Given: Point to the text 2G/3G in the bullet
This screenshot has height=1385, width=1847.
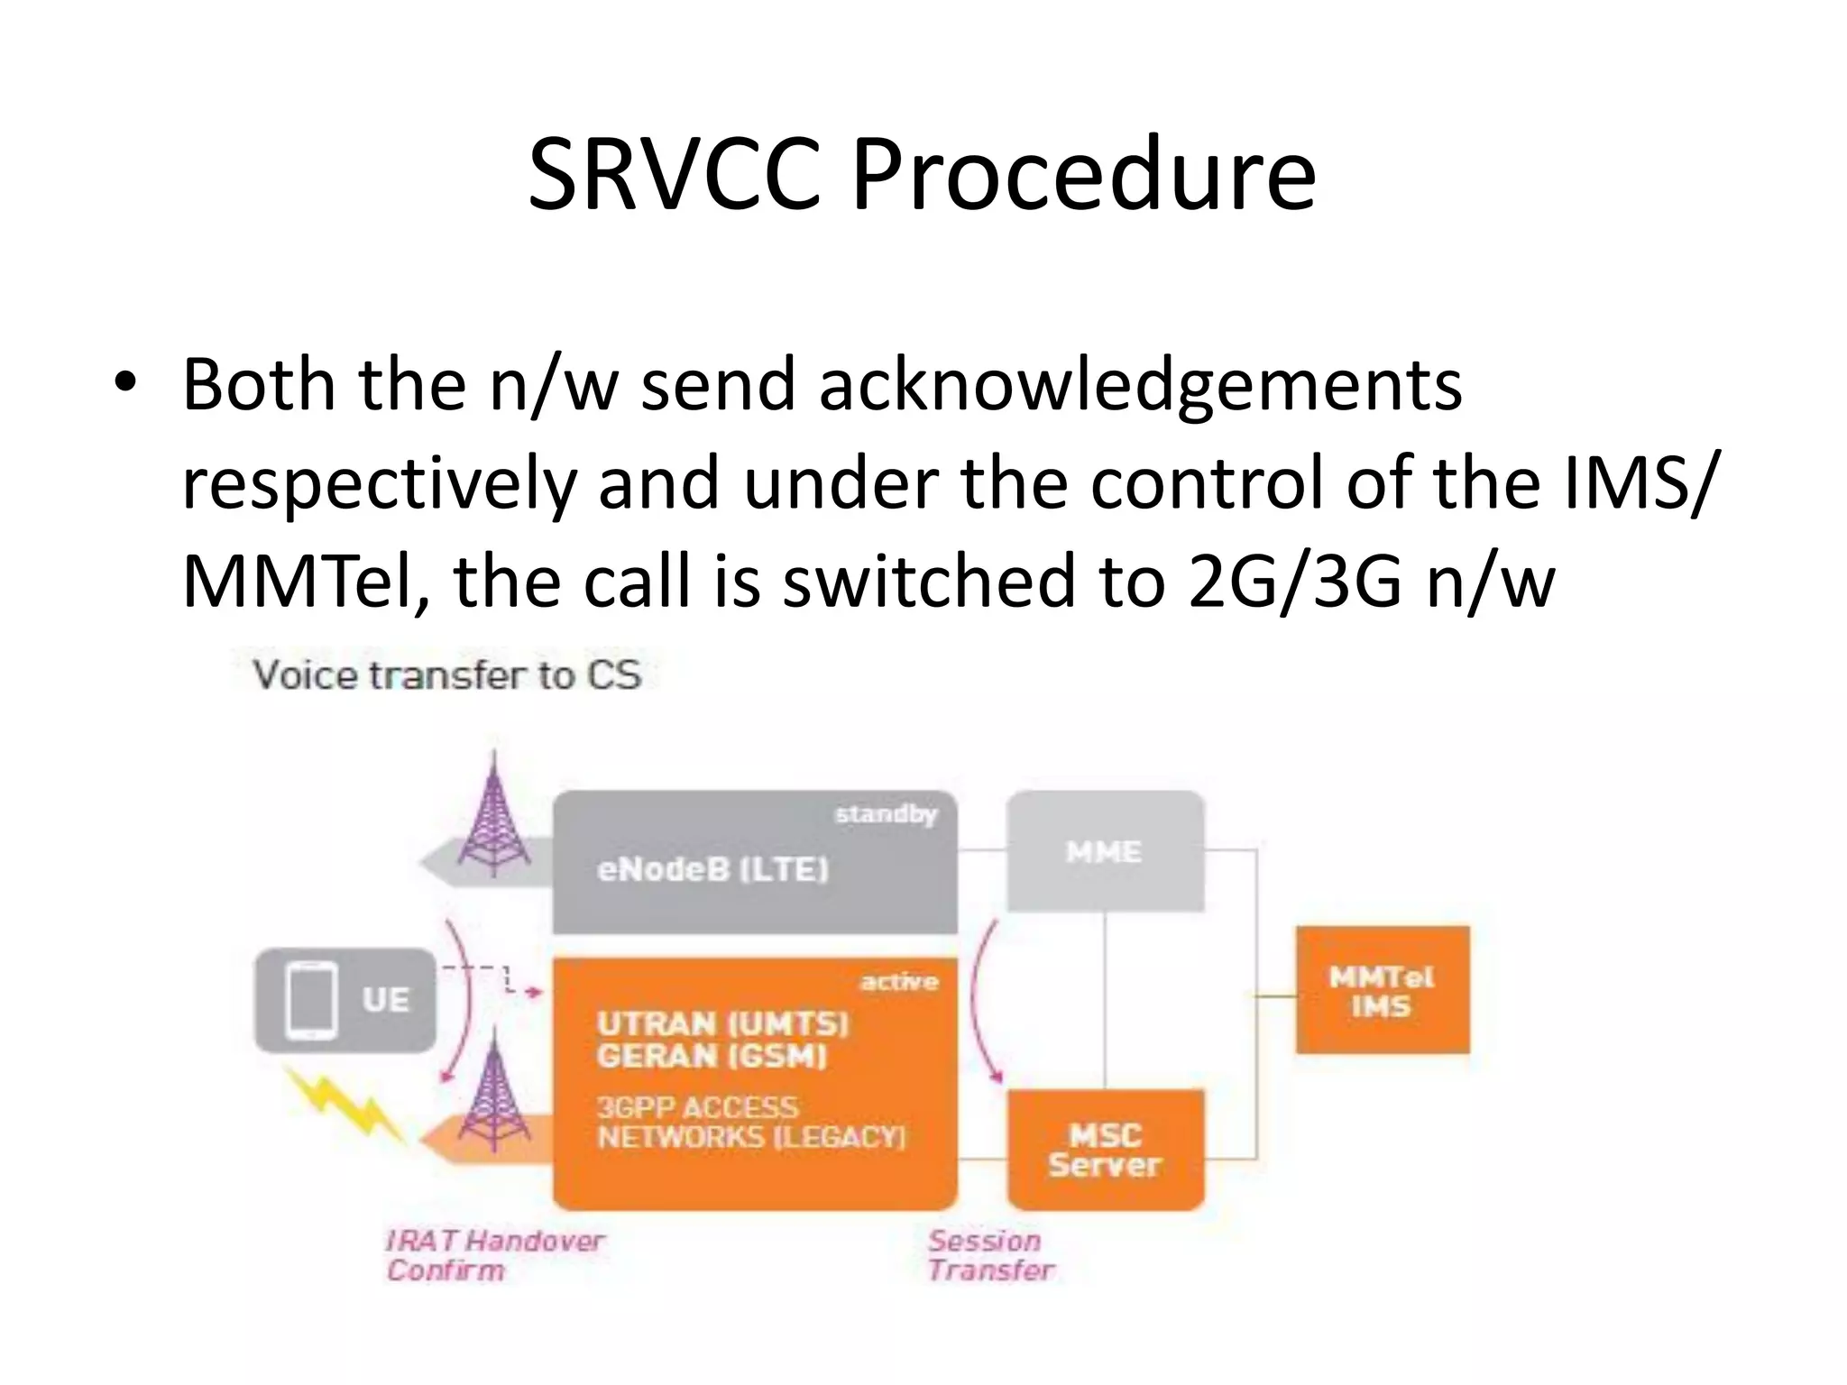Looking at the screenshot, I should [1295, 582].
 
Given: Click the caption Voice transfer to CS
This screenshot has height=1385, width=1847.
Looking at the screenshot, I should [446, 675].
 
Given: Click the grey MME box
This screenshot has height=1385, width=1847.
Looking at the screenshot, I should [1105, 851].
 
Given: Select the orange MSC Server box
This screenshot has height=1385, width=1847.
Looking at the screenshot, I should [1105, 1150].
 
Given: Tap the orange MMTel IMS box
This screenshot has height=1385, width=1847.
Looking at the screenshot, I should [1382, 990].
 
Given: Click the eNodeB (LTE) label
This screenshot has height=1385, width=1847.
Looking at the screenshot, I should [712, 870].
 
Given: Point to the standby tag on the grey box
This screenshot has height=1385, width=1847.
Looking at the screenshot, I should [886, 815].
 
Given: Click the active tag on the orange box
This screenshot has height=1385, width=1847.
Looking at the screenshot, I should [899, 982].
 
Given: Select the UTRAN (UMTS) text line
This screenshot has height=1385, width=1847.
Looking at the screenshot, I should [722, 1023].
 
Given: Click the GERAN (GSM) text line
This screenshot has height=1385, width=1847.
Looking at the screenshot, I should [711, 1056].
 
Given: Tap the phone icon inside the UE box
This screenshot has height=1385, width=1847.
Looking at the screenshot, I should [311, 1000].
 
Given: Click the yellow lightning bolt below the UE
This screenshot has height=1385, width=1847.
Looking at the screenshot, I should [343, 1105].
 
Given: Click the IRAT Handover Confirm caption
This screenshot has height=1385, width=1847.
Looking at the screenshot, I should [494, 1255].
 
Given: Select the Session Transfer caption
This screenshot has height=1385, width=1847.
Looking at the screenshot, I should [990, 1255].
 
